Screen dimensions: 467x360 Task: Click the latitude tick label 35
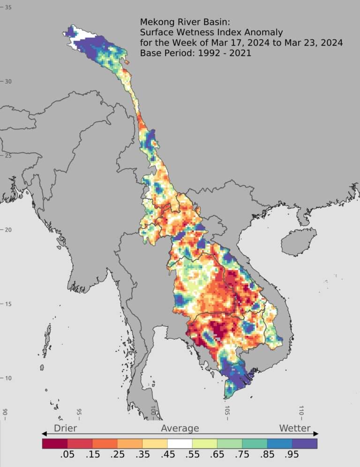click(x=8, y=7)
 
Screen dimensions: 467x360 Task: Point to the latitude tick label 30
click(x=8, y=81)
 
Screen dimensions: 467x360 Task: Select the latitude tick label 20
click(x=8, y=229)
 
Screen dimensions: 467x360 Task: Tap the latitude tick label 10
click(x=8, y=378)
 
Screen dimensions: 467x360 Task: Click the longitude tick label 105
click(x=227, y=411)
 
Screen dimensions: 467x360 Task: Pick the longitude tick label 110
click(x=301, y=411)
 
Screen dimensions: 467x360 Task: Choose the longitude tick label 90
click(x=5, y=413)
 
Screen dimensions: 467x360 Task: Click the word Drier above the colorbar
click(x=65, y=428)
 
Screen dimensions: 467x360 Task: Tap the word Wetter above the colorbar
click(x=295, y=428)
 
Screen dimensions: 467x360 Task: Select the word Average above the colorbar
click(x=180, y=428)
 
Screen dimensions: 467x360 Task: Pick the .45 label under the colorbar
click(x=167, y=455)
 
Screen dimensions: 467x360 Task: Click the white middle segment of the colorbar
click(x=180, y=443)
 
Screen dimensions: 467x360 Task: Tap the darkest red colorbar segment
click(x=55, y=443)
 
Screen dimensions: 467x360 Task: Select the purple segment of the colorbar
click(x=305, y=443)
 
